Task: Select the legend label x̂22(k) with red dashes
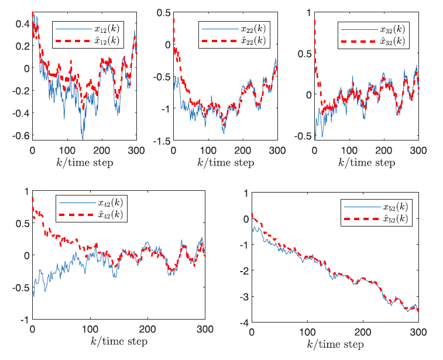coord(252,40)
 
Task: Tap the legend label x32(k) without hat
coord(388,28)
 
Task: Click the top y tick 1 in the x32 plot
coord(309,12)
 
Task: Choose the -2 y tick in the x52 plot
coord(242,271)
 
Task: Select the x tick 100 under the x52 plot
coord(307,332)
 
